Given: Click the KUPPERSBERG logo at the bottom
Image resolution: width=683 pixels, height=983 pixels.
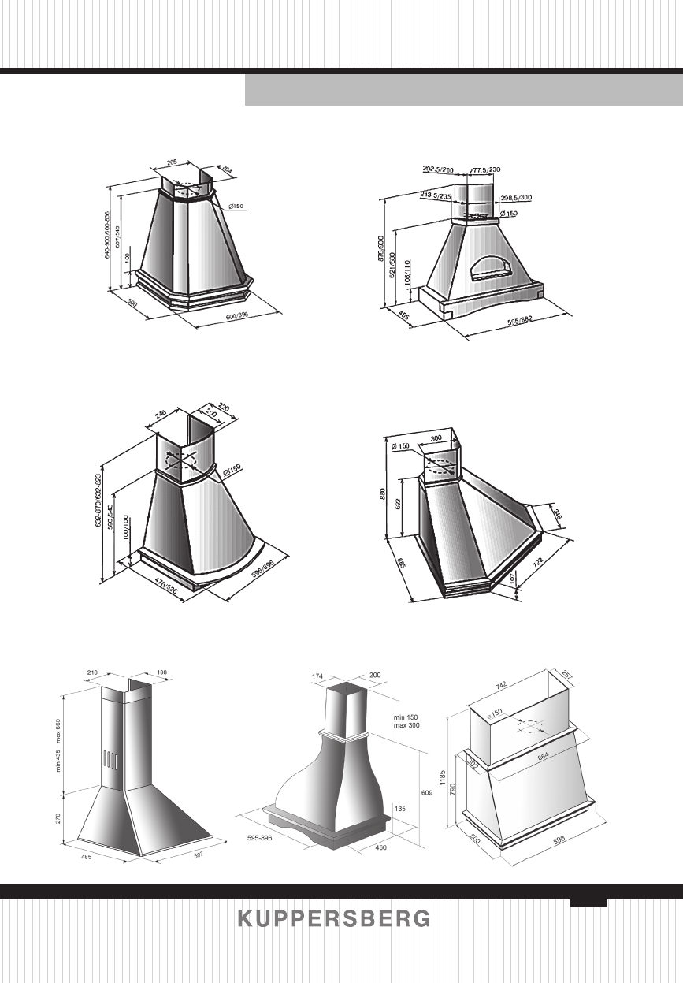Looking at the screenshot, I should coord(334,919).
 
